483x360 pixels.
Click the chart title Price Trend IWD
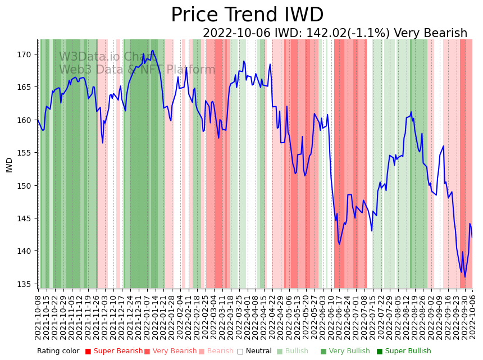pyautogui.click(x=247, y=15)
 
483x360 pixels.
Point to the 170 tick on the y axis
pyautogui.click(x=25, y=54)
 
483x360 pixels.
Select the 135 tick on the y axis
pyautogui.click(x=25, y=284)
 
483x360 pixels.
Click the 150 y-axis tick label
pyautogui.click(x=25, y=185)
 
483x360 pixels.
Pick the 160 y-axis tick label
pyautogui.click(x=25, y=120)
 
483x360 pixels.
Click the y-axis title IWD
pyautogui.click(x=10, y=165)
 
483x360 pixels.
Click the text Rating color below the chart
pyautogui.click(x=58, y=352)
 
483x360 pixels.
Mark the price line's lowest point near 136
pyautogui.click(x=464, y=277)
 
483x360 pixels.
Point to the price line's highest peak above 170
pyautogui.click(x=152, y=51)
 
